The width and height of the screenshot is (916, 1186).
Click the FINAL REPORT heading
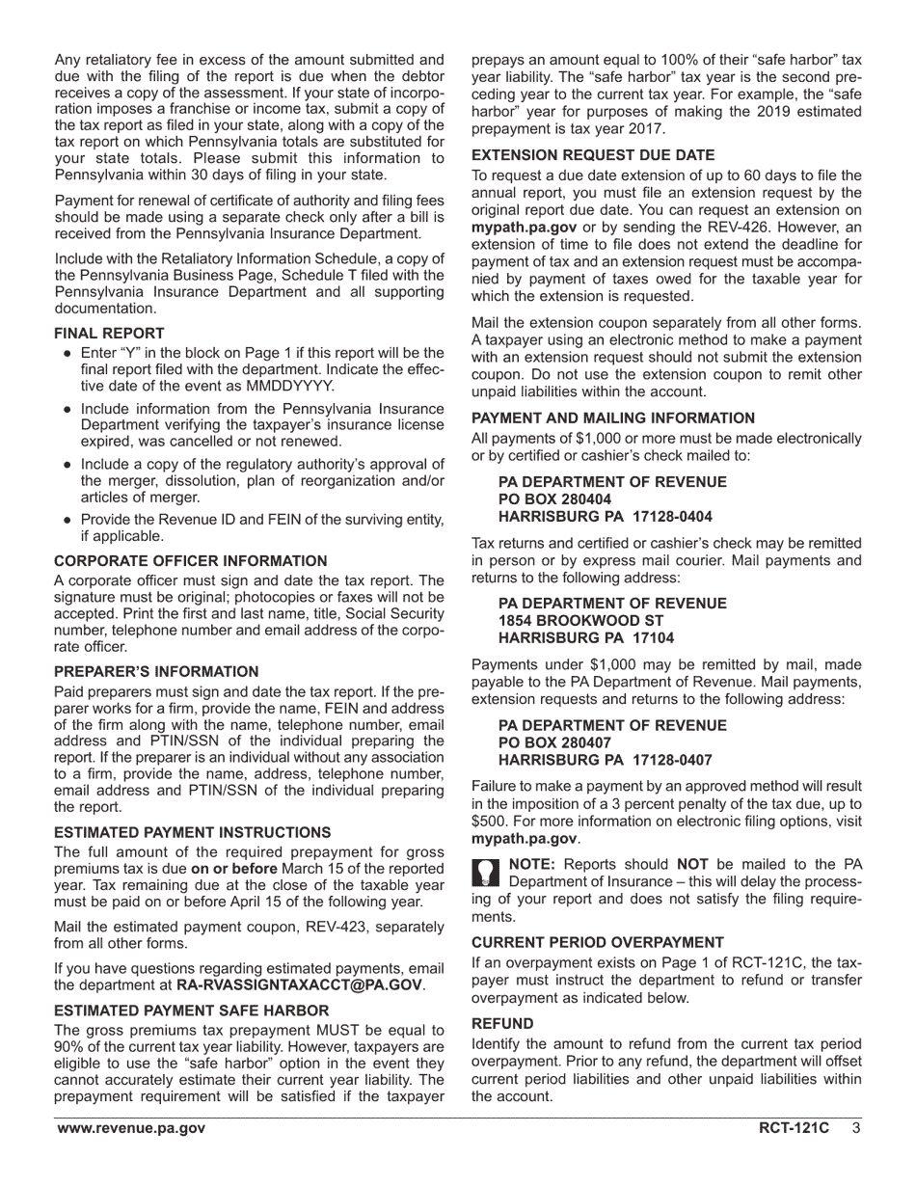(x=109, y=334)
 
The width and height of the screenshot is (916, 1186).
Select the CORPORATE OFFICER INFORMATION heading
(x=190, y=561)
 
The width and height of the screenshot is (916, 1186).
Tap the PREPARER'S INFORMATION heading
(x=156, y=672)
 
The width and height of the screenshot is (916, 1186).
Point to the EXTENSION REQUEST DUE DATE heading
(x=593, y=155)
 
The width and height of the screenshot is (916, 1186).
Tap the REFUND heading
(x=502, y=1023)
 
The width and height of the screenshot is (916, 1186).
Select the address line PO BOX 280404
(x=554, y=499)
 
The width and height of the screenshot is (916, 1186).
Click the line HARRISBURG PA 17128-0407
(x=606, y=760)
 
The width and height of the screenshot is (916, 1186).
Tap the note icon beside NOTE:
(x=486, y=873)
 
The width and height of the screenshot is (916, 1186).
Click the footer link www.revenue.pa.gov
(x=130, y=1128)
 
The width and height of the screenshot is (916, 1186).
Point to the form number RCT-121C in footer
(x=794, y=1128)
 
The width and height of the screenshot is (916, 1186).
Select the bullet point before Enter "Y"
(x=67, y=354)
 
